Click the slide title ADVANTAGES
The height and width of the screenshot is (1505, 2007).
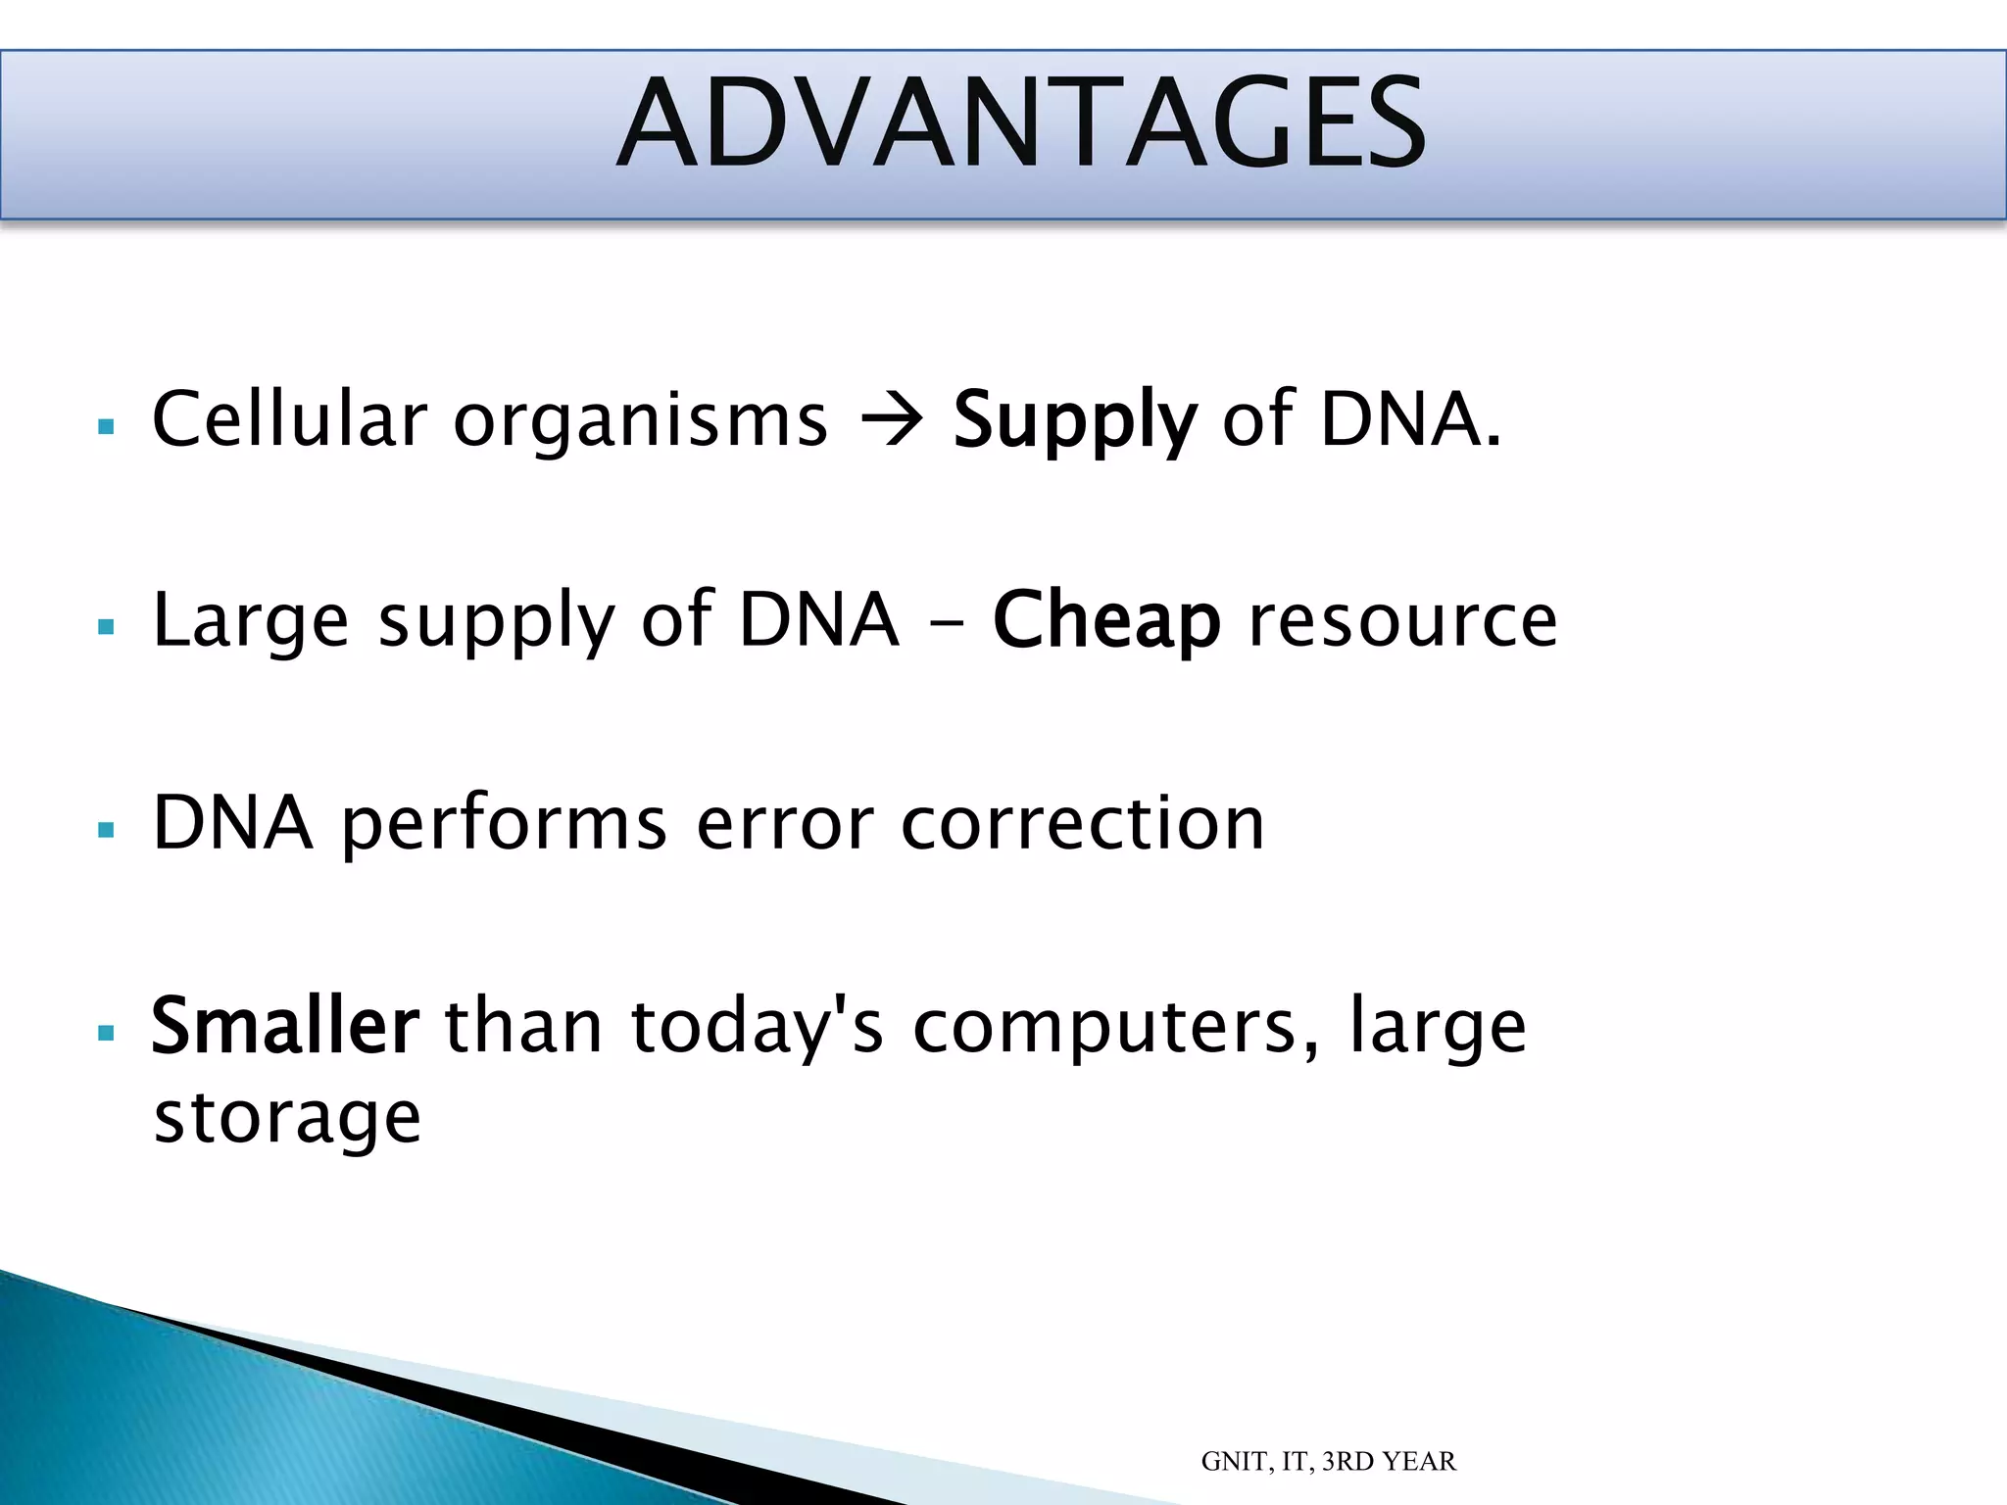[1021, 125]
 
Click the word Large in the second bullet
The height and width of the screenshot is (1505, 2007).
[251, 623]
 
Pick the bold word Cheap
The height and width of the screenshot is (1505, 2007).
[1106, 621]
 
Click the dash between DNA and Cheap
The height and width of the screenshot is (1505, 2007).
[948, 623]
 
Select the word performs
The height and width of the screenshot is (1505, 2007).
[504, 825]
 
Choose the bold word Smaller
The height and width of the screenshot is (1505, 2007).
[285, 1027]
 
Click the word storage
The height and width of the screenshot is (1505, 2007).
[287, 1119]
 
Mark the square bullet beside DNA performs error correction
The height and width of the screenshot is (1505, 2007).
[107, 830]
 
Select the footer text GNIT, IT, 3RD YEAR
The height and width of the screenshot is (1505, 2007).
[1328, 1462]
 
